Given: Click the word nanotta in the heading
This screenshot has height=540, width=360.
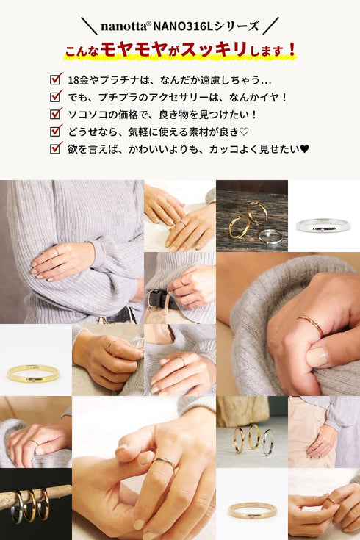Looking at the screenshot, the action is [x=123, y=26].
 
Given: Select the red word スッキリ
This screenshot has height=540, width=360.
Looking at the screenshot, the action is [x=214, y=49].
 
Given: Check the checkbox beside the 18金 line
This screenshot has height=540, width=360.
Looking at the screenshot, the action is [x=55, y=79].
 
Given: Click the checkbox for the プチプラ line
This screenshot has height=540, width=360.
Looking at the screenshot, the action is [x=55, y=96].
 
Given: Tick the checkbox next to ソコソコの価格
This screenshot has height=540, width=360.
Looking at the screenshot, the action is [x=55, y=113].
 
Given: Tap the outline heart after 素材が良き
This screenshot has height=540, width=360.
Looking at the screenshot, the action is [x=244, y=132].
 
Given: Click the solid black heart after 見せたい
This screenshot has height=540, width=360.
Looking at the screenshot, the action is [x=304, y=149].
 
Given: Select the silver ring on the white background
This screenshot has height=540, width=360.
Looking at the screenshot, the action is [x=323, y=226].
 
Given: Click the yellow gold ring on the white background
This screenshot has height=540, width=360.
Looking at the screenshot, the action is [x=33, y=374].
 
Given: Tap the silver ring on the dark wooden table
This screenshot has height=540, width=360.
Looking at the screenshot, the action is [x=271, y=237].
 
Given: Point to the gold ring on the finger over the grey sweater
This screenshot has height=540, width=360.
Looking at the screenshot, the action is [x=312, y=324].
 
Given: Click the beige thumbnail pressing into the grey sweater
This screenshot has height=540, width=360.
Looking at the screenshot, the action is [x=317, y=357].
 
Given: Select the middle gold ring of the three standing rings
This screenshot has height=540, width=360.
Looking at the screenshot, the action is [x=254, y=436].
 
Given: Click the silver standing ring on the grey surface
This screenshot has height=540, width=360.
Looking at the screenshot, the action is [x=269, y=442].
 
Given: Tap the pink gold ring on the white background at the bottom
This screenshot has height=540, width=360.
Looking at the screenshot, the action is [x=252, y=511].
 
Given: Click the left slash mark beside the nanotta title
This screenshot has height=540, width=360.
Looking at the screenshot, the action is [x=89, y=26].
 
